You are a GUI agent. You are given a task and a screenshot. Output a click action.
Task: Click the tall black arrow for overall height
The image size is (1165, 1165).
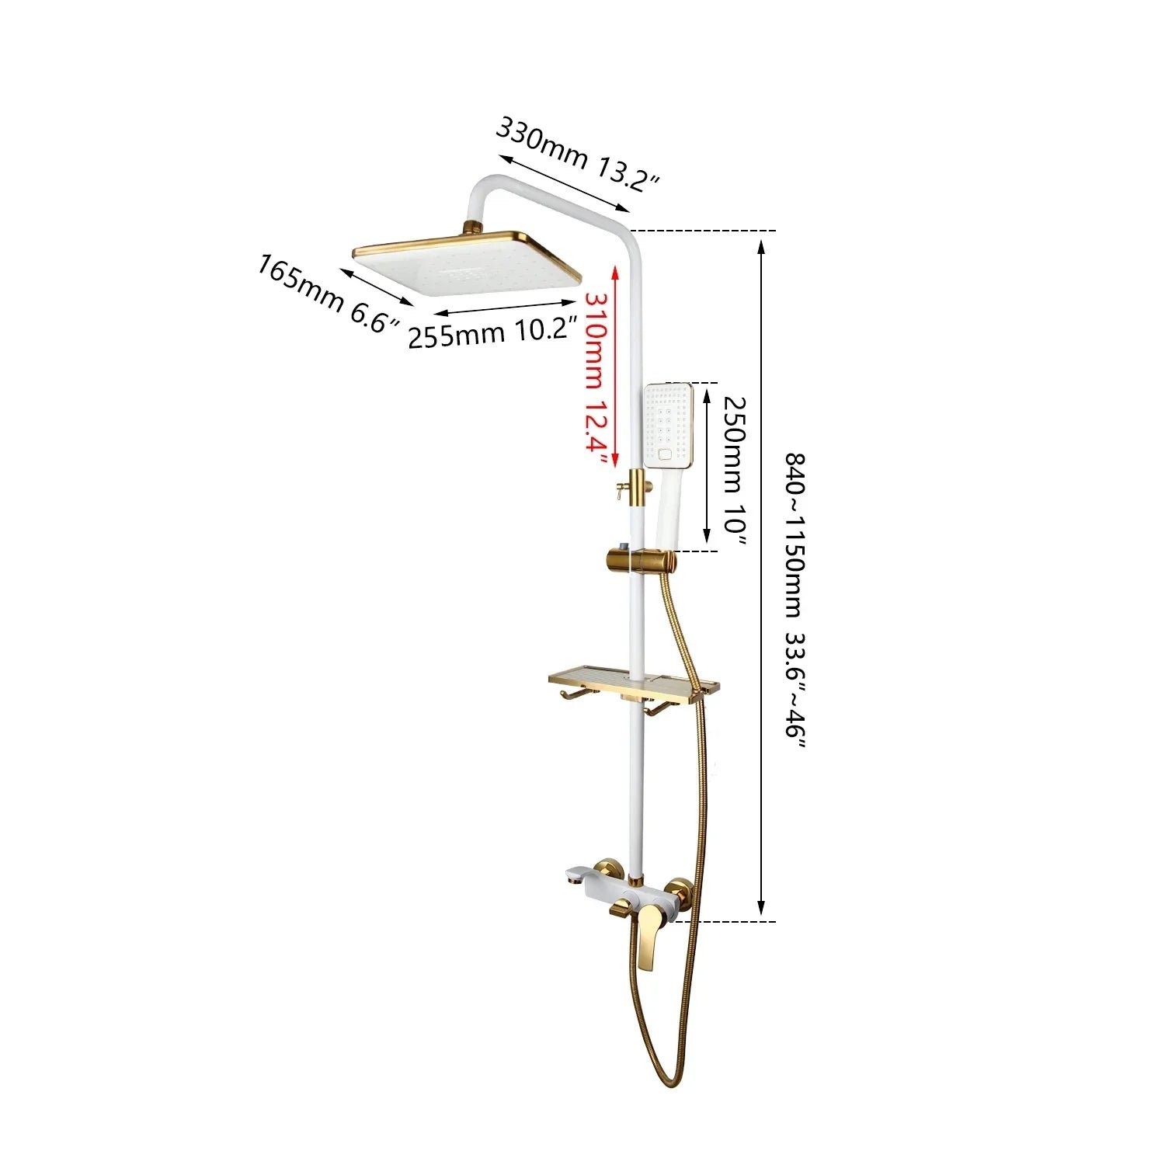761,577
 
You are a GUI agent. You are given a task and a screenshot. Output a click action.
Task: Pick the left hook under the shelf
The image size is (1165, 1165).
566,699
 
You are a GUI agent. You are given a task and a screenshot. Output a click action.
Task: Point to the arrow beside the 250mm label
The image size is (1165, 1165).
707,465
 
